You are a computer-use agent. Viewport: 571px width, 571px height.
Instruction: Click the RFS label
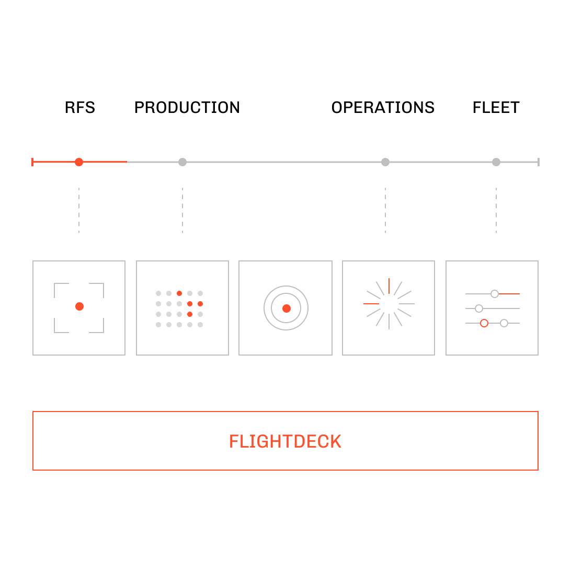[x=80, y=107]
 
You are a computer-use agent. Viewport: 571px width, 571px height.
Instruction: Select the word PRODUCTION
[x=187, y=107]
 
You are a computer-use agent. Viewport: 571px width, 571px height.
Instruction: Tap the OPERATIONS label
[x=383, y=107]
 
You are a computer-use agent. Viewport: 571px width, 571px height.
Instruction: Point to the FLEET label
[x=496, y=107]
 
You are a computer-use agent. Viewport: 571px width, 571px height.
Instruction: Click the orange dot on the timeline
[x=78, y=162]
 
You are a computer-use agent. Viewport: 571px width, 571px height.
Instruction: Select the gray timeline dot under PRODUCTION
[x=182, y=162]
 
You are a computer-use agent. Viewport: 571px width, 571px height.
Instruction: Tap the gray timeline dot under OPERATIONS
[x=385, y=162]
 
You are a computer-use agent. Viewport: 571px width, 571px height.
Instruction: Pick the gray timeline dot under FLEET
[x=496, y=162]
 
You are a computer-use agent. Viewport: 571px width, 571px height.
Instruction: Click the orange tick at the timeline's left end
[x=32, y=162]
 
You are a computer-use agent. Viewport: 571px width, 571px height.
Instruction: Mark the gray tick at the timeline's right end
[x=538, y=162]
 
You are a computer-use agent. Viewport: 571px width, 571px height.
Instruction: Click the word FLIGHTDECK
[x=285, y=441]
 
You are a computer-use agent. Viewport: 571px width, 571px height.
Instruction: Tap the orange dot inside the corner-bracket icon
[x=79, y=306]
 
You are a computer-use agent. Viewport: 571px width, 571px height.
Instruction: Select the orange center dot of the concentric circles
[x=287, y=309]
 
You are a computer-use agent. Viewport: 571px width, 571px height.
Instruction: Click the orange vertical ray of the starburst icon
[x=389, y=286]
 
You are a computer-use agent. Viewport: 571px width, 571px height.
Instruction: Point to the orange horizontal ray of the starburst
[x=371, y=304]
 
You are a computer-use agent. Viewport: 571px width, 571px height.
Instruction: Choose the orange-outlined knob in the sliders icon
[x=484, y=323]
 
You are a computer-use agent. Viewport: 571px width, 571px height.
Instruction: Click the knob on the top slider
[x=494, y=293]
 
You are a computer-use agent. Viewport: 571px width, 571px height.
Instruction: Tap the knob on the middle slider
[x=479, y=309]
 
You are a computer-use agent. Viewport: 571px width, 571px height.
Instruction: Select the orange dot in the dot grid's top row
[x=179, y=293]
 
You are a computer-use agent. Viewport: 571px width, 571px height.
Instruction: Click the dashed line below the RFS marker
[x=78, y=210]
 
